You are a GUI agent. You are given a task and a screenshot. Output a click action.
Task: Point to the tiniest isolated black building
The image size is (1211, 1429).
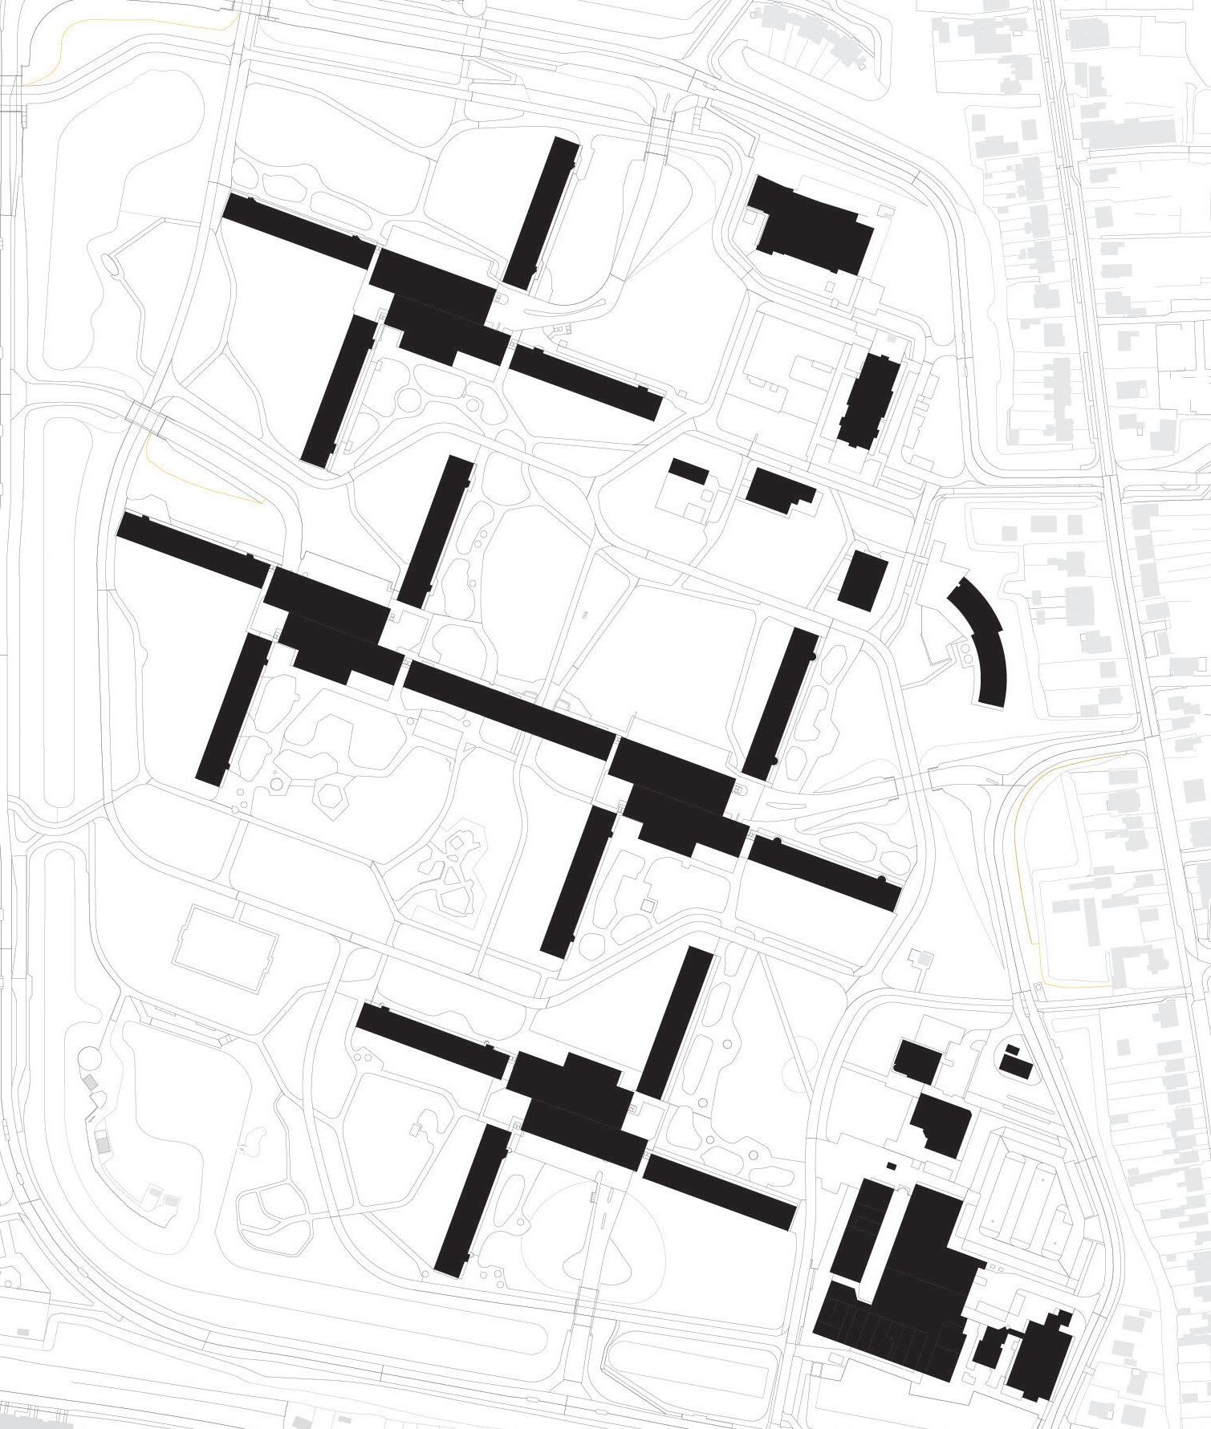click(891, 1164)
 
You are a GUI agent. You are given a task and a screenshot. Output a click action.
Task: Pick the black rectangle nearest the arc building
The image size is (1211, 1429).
click(864, 580)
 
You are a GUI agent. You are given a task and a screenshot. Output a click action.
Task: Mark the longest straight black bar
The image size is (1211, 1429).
click(509, 711)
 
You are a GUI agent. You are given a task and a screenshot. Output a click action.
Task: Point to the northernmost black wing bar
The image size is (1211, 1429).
click(543, 213)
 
